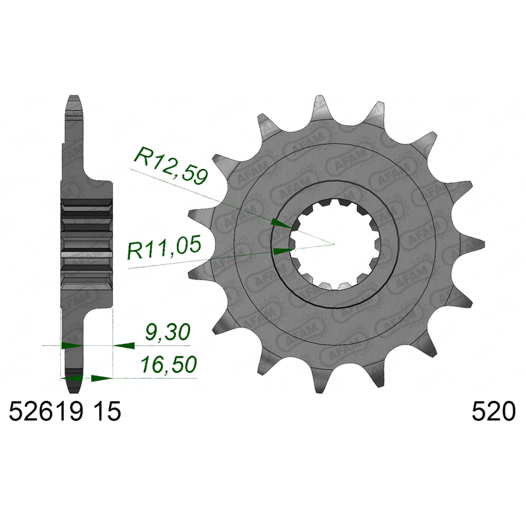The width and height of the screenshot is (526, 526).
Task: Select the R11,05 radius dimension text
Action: point(164,247)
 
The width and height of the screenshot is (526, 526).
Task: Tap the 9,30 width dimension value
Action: point(168,332)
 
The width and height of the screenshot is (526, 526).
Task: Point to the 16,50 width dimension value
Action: point(168,365)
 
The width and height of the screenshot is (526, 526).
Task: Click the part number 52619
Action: point(45,412)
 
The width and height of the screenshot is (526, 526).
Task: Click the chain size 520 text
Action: point(494,412)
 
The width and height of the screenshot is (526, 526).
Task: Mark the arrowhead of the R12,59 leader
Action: point(281,224)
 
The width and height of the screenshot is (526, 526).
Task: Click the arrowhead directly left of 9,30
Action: point(124,345)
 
